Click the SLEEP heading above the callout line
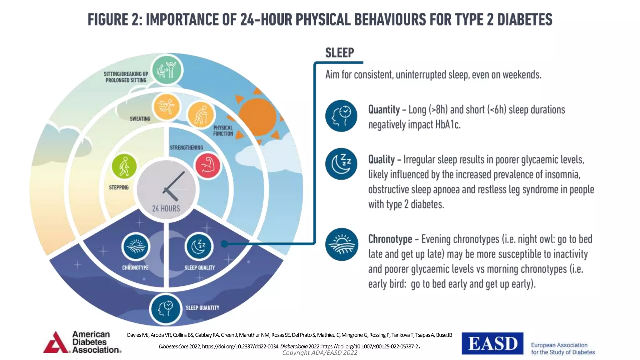(339, 53)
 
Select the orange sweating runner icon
(166, 107)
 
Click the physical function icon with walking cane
(200, 115)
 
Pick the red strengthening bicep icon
(207, 166)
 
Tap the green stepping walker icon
(124, 166)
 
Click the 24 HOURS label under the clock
(166, 208)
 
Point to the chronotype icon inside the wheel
(136, 247)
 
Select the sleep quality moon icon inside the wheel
(198, 247)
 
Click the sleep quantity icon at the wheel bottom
(166, 309)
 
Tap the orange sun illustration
(257, 117)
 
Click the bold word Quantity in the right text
(384, 110)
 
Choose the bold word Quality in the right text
(381, 159)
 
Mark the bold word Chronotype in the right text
(390, 239)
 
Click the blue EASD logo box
(492, 343)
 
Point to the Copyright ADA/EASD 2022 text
(320, 353)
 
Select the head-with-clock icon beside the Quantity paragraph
(341, 116)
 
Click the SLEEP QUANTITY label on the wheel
(202, 308)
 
